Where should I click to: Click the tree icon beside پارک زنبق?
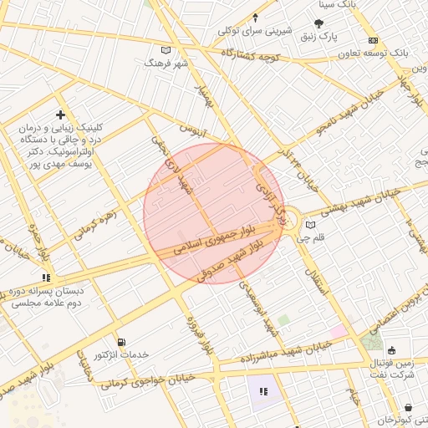[x=319, y=24]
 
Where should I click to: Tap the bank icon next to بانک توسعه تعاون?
[x=373, y=40]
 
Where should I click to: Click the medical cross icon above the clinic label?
[x=59, y=114]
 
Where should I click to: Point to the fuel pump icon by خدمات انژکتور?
[x=122, y=342]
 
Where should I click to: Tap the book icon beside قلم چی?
[x=311, y=224]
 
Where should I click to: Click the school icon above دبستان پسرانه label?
[x=46, y=277]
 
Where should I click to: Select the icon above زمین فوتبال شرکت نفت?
[x=393, y=350]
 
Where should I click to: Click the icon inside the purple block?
[x=263, y=390]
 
